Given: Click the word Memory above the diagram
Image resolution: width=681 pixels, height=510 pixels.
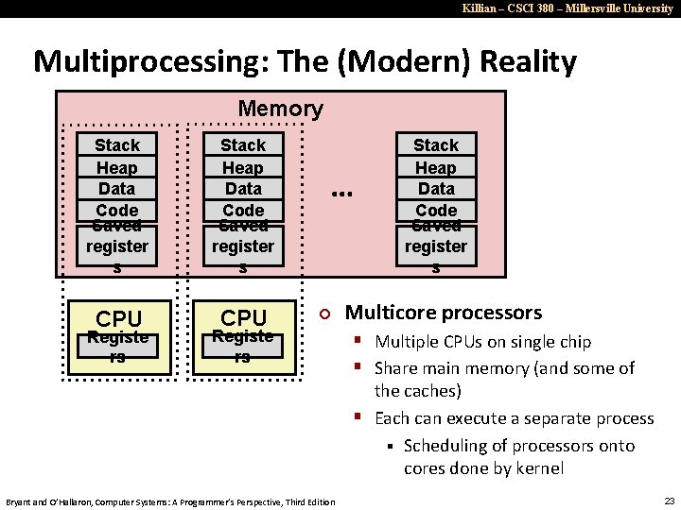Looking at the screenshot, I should [280, 109].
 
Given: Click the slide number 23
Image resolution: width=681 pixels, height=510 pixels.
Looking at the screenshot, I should [668, 501].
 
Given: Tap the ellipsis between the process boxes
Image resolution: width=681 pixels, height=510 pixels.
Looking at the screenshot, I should [341, 193].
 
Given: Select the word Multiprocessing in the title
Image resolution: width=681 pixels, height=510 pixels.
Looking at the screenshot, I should [138, 62].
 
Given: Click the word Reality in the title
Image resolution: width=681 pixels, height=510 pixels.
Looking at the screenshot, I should [528, 62].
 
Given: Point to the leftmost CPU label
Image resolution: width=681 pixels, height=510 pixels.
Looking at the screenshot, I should [119, 318].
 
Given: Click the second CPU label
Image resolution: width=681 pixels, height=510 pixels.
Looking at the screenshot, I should [244, 318].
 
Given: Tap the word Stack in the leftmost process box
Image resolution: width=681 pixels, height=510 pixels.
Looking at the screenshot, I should [117, 145].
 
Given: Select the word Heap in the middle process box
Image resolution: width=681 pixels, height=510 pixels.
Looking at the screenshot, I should [243, 168].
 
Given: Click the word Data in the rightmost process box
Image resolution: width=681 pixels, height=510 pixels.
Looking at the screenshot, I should [436, 189].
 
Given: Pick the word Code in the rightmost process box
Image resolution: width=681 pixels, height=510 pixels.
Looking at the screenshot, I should [436, 210].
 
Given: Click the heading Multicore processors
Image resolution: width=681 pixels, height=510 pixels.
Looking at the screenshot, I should [444, 313].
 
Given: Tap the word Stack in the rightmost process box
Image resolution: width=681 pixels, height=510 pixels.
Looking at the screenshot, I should [436, 145].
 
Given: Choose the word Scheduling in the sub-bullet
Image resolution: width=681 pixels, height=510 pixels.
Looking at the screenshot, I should [449, 446].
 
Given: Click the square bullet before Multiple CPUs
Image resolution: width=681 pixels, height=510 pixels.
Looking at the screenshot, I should [359, 341].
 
